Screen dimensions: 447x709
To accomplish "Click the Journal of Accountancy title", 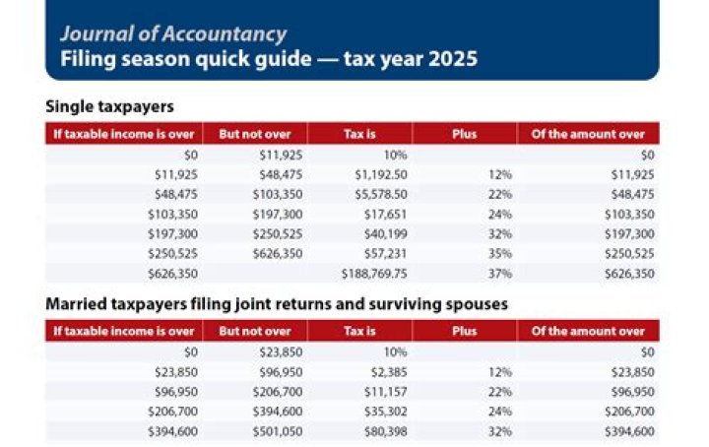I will tap(172, 33).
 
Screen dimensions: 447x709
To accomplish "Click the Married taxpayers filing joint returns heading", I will tap(276, 304).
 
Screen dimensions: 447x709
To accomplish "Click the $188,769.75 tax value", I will tap(374, 273).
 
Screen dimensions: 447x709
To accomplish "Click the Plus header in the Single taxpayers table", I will tap(464, 134).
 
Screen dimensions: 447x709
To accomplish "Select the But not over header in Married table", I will tap(255, 331).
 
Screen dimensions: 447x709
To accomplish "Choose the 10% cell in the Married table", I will tap(395, 351).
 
